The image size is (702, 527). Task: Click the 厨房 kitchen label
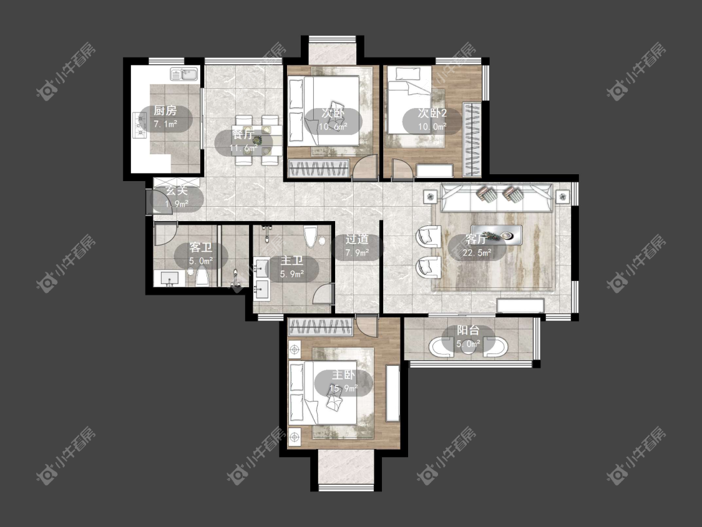[165, 111]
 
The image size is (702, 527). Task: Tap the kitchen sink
[184, 74]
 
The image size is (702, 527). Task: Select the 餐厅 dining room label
[243, 134]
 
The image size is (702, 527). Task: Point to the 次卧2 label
[432, 113]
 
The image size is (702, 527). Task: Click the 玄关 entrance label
[177, 190]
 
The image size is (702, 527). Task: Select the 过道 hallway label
[357, 239]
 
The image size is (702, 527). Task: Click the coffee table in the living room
[496, 234]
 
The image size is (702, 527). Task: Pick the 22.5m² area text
[477, 253]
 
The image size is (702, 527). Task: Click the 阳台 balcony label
[468, 331]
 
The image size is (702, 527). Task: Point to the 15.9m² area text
[343, 388]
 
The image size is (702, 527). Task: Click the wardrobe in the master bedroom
[320, 327]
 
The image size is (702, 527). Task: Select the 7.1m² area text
[165, 124]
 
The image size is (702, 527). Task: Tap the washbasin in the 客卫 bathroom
[170, 278]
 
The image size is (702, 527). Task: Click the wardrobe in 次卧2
[472, 139]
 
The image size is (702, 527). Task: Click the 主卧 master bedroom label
[343, 375]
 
